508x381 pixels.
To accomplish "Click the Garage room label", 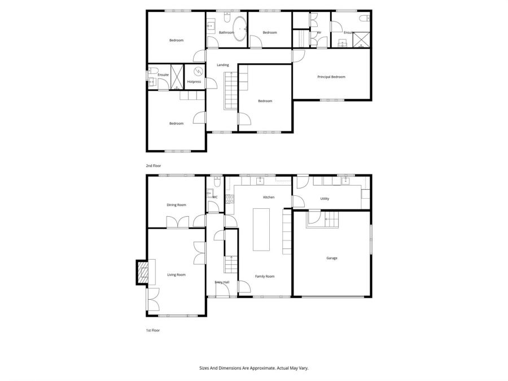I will point(332,258).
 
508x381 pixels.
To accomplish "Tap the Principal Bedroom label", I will point(331,77).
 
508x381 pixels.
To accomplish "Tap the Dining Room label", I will point(176,205).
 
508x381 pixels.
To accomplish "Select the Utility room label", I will point(325,199).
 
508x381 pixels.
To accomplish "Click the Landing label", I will point(223,65).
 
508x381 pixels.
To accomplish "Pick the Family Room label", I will point(265,276).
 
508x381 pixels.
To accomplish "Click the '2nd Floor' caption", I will point(154,166).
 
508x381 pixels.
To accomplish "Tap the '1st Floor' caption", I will point(154,330).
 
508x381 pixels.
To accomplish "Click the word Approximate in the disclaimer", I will point(261,368).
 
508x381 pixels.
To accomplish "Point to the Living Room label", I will point(176,275).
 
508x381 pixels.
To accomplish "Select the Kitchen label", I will point(269,197).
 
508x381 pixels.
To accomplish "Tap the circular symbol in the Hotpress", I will point(199,72).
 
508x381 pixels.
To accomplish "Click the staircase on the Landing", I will point(231,93).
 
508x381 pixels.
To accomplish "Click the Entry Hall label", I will point(222,282).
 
